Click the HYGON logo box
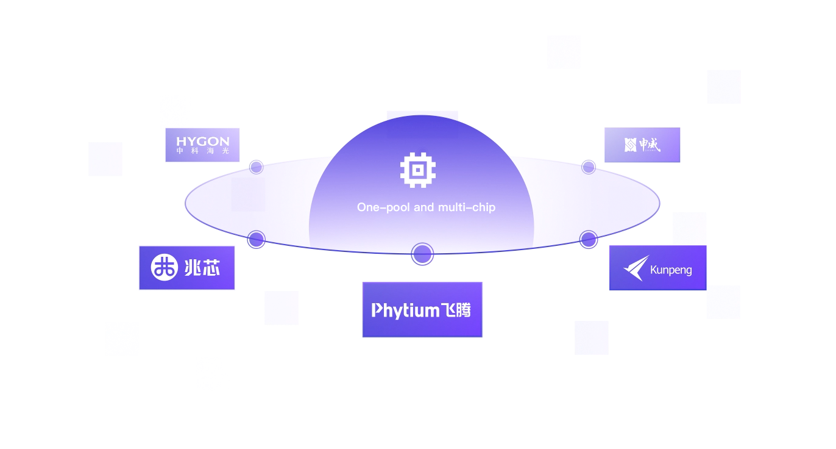[202, 145]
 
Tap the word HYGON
[203, 141]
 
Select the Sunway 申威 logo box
[642, 145]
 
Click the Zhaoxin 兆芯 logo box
[186, 268]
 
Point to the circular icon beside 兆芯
[164, 268]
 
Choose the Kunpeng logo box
[657, 268]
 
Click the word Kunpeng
[671, 270]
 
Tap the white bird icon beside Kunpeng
[636, 268]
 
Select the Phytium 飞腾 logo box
[422, 309]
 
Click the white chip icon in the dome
[417, 170]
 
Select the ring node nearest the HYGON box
[257, 167]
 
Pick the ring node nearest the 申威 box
[588, 167]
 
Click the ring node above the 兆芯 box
[257, 239]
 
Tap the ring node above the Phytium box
[422, 254]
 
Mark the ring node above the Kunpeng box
[588, 239]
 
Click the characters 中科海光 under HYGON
[203, 151]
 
